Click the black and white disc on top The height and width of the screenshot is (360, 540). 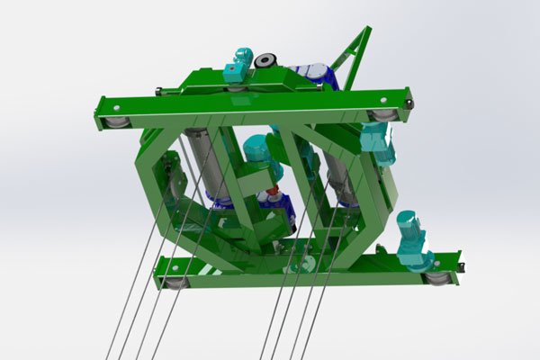pos(265,61)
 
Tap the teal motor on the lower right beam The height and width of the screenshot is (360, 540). pos(413,239)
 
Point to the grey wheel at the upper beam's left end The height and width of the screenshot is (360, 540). pos(115,121)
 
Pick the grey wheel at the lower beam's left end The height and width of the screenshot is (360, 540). pos(176,282)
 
